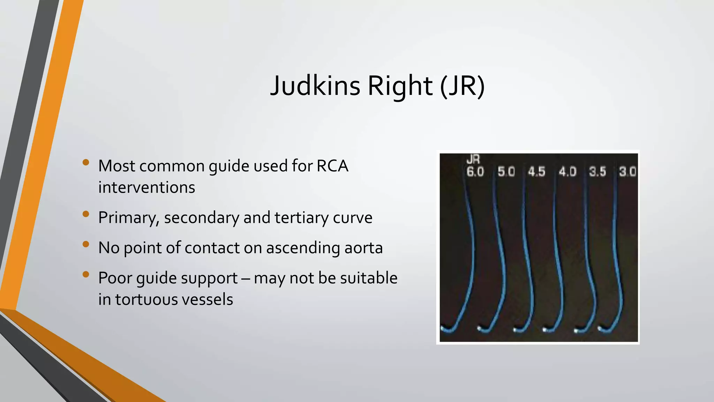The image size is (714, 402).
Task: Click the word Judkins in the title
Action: pyautogui.click(x=315, y=86)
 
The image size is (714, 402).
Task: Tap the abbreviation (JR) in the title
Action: pyautogui.click(x=462, y=86)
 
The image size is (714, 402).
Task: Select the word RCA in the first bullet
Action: pyautogui.click(x=332, y=166)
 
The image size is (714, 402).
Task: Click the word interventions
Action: pyautogui.click(x=147, y=188)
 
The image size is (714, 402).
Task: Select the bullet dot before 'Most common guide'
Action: pyautogui.click(x=86, y=162)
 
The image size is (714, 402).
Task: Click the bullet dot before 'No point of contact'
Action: pyautogui.click(x=86, y=244)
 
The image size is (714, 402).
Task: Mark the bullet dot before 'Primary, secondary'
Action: pyautogui.click(x=86, y=214)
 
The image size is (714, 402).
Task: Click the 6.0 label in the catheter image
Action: pyautogui.click(x=475, y=172)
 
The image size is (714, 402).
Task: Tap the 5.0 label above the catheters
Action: pyautogui.click(x=506, y=172)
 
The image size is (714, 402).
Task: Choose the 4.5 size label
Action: pyautogui.click(x=537, y=172)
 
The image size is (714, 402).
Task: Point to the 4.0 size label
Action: pyautogui.click(x=568, y=172)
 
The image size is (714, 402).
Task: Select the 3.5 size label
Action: pyautogui.click(x=598, y=172)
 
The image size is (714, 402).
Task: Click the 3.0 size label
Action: pyautogui.click(x=628, y=172)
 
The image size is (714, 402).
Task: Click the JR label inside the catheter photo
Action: pyautogui.click(x=473, y=160)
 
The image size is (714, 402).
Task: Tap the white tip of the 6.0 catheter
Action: pyautogui.click(x=443, y=328)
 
